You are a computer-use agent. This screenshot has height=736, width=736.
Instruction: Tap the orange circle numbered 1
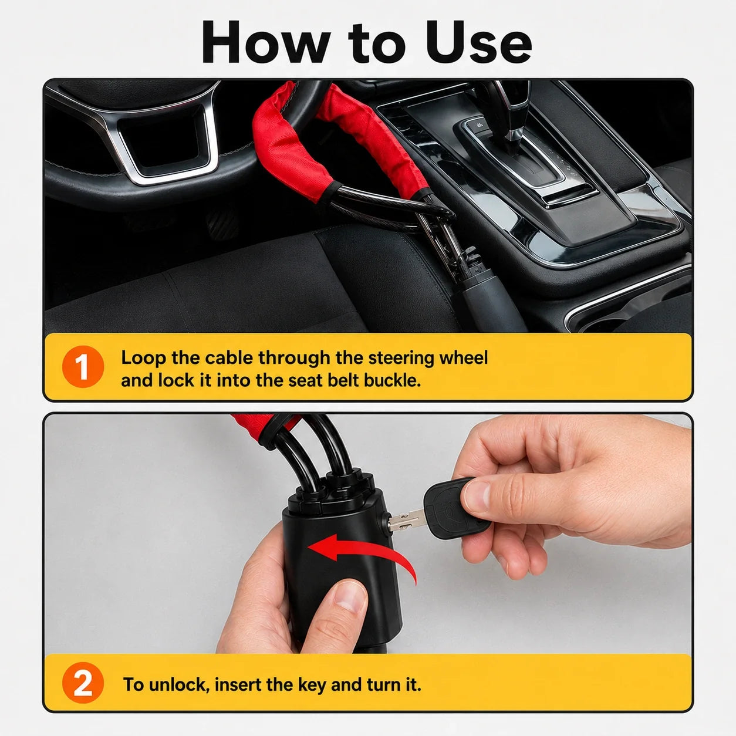(83, 367)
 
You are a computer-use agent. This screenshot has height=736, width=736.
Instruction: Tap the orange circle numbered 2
(83, 683)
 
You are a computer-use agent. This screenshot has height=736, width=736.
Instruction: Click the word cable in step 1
(229, 358)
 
